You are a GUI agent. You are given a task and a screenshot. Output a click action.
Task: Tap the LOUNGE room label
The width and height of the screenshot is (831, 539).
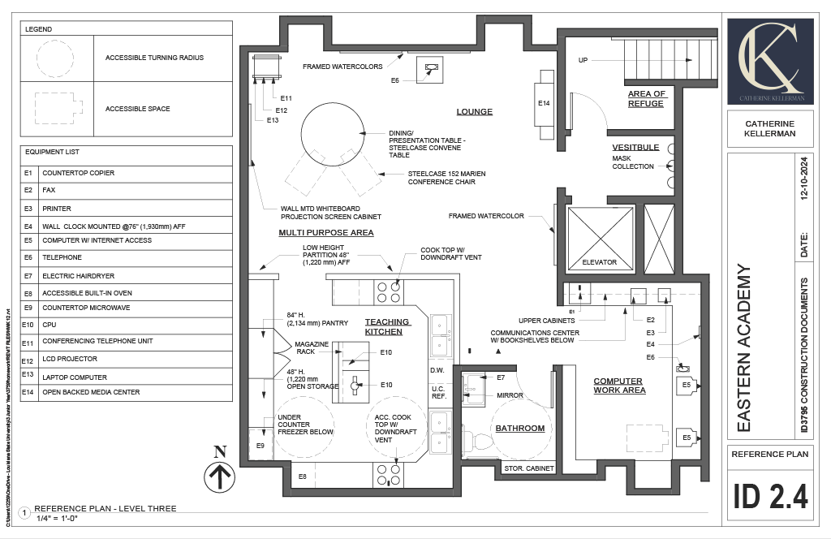click(475, 112)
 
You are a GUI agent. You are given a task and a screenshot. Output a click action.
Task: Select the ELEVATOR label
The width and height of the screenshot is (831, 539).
click(599, 262)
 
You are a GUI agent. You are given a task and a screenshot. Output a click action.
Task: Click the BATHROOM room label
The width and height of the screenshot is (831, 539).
click(520, 429)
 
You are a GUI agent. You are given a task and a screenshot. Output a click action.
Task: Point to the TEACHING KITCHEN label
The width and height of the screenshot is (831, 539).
click(388, 326)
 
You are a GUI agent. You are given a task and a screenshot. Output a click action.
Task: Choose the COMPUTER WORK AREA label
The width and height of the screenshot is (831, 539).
click(618, 386)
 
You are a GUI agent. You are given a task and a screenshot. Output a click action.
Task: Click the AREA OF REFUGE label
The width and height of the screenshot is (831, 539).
click(646, 99)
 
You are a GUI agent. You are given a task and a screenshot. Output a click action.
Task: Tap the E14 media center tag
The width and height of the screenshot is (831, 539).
click(544, 104)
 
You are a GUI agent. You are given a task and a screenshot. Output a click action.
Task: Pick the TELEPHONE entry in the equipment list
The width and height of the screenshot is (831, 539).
click(62, 257)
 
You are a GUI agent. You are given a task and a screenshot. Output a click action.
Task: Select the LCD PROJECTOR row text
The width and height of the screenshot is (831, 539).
click(70, 359)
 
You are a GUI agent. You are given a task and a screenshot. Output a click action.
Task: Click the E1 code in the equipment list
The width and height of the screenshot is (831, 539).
click(28, 173)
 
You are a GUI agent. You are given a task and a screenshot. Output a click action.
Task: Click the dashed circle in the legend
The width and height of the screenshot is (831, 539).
click(57, 58)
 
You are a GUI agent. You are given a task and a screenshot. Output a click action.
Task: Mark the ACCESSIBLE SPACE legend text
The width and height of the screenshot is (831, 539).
click(137, 109)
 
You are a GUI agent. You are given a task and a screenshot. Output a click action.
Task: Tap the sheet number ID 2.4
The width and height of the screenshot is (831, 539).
click(770, 496)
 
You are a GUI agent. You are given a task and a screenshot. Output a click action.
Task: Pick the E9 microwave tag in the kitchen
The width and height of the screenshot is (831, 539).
click(260, 446)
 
